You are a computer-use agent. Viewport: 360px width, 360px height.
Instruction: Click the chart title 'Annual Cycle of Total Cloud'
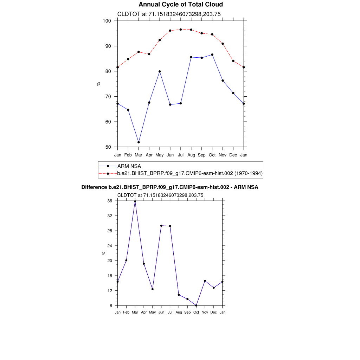point(181,5)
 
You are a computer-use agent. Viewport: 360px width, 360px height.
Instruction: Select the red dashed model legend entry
point(190,173)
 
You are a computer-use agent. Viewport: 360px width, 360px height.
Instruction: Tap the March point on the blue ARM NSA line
point(139,142)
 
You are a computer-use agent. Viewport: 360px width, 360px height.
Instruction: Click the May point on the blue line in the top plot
point(160,71)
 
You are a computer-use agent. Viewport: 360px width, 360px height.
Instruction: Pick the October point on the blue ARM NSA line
point(212,54)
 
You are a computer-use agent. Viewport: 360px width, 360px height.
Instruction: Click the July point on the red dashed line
point(181,30)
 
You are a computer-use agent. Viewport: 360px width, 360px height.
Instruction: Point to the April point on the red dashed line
point(149,54)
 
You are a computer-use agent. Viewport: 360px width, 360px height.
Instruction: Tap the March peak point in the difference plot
point(135,201)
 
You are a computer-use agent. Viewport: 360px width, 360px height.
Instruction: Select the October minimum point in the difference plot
point(196,306)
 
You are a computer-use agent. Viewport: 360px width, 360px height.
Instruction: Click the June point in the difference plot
point(161,226)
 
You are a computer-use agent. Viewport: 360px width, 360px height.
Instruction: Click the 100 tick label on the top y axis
point(107,21)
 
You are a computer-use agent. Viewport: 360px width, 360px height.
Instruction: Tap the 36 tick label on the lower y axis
point(110,201)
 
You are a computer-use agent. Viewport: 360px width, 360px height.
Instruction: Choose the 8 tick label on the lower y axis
point(111,306)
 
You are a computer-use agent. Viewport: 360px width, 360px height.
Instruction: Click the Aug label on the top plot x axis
point(191,155)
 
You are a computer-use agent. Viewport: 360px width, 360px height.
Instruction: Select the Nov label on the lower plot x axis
point(205,312)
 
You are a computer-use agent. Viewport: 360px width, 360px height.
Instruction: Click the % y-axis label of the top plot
point(98,84)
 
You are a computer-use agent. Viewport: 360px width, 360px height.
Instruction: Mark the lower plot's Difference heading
point(170,187)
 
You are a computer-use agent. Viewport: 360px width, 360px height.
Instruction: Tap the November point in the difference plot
point(205,281)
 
